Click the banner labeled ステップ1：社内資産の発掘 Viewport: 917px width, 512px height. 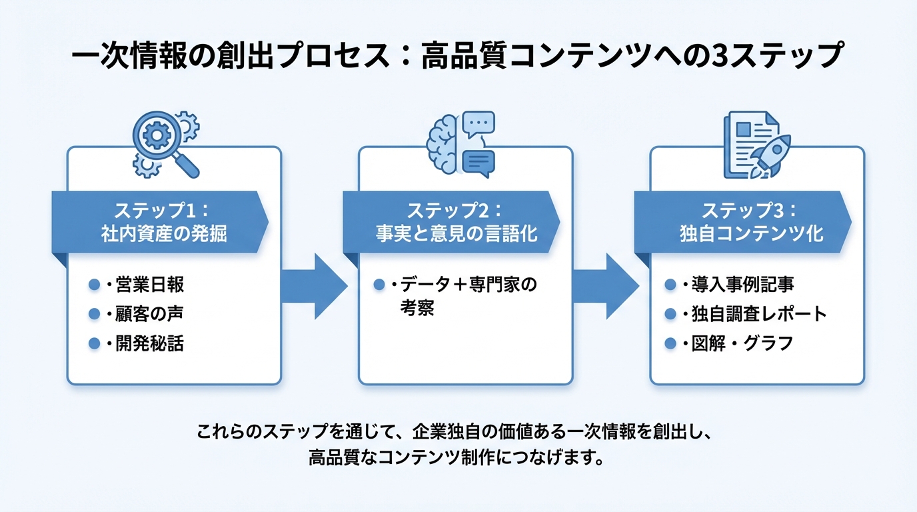[x=161, y=222]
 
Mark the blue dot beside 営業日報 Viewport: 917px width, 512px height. [x=94, y=285]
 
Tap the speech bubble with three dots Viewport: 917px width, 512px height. [x=478, y=125]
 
